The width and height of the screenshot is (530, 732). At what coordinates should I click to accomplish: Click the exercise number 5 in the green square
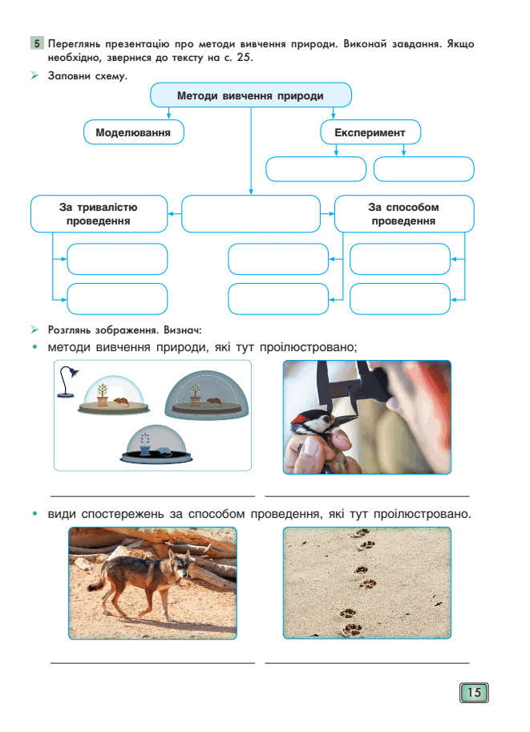coord(37,44)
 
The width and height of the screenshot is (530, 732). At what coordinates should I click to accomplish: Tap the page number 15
coord(474,693)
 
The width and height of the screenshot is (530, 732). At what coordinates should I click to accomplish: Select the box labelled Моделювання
coord(134,132)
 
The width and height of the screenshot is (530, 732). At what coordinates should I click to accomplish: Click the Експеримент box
coord(370,132)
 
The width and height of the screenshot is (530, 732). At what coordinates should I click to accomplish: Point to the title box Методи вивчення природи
coord(251,95)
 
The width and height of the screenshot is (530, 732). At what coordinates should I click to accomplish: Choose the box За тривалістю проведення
coord(99,214)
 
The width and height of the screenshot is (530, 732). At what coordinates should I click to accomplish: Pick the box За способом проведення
coord(404,214)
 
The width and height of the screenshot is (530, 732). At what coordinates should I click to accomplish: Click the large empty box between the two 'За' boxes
coord(251,214)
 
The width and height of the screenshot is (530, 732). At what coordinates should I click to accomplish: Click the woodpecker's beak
coord(345,419)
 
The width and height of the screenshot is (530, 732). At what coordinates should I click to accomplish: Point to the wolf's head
coord(183,566)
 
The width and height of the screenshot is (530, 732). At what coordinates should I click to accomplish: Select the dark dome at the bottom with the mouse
coord(156,444)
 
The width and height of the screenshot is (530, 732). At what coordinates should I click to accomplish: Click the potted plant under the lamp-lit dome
coord(103,394)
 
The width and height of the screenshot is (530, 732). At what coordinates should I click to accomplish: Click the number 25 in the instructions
coord(245,58)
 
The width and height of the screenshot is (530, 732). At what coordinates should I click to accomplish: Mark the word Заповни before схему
coord(69,76)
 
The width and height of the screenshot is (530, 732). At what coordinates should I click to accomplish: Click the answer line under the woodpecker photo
coord(367,496)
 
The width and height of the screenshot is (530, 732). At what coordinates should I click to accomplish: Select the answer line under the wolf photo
coord(152,663)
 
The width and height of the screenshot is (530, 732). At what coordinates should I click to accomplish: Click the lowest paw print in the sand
coord(352,629)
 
